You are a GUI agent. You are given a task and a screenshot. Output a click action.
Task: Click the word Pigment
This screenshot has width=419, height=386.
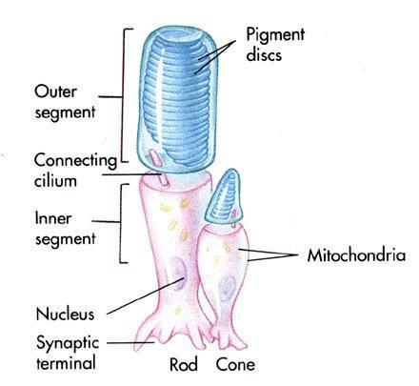coord(275,35)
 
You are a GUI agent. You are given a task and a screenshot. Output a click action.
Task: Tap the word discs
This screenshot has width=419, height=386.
coord(264,54)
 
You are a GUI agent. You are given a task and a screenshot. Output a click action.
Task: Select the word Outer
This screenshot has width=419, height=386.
coord(55,91)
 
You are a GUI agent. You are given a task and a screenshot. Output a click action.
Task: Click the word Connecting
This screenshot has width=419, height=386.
coord(75,161)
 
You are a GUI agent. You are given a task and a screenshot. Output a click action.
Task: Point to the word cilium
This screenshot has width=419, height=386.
coord(55,180)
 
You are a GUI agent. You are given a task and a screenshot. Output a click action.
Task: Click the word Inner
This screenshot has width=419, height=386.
coord(53,218)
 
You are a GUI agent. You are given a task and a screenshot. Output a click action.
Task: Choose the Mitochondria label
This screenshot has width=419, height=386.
coord(356,255)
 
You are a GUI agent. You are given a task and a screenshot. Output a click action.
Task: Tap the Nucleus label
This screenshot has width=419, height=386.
coord(65,314)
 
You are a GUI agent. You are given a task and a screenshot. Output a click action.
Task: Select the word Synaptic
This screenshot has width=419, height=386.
coord(68,343)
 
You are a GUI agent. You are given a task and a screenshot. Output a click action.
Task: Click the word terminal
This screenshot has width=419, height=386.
coord(66,362)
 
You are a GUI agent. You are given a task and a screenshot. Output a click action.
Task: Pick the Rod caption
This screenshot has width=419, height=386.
coord(183,364)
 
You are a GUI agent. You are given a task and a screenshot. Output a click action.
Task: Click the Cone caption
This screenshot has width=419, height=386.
coord(235,364)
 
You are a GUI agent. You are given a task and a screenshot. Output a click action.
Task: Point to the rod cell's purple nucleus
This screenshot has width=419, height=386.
coord(177,273)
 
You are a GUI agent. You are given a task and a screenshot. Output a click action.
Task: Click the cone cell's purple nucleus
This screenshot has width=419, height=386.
coord(227,289)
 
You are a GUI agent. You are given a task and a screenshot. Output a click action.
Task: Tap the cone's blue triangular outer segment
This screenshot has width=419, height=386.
coord(224,198)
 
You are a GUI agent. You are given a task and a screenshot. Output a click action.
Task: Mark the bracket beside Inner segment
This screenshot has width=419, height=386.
coord(121,222)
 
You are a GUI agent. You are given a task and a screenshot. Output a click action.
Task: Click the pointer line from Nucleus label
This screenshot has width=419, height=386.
coord(146,296)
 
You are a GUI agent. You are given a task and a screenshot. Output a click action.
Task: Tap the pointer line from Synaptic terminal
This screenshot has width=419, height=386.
coord(130,343)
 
